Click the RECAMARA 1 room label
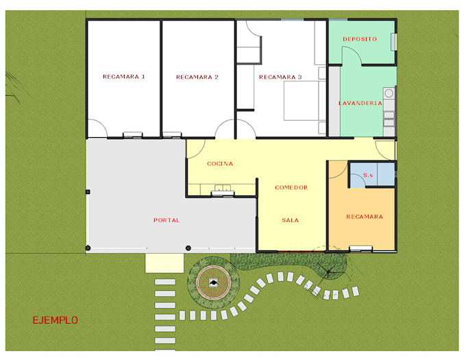(x=123, y=77)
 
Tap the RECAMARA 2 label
(x=197, y=77)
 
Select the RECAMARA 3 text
(x=280, y=77)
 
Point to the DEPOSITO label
(x=360, y=39)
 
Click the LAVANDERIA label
(x=360, y=103)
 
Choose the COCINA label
(x=220, y=164)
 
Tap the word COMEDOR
(x=291, y=188)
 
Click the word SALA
(x=290, y=220)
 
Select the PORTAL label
(x=167, y=220)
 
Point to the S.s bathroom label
(x=367, y=175)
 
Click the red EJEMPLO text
(x=56, y=320)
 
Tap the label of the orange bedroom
(x=365, y=217)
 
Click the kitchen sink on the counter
(x=223, y=190)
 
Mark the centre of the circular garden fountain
(x=213, y=283)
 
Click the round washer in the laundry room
(x=389, y=93)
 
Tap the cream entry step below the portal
(x=164, y=263)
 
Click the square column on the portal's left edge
(x=88, y=192)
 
